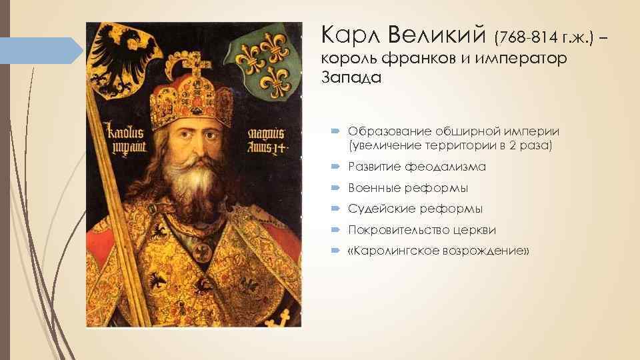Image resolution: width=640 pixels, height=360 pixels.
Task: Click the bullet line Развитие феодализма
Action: (417, 166)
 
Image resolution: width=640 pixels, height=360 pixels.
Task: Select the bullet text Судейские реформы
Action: (415, 209)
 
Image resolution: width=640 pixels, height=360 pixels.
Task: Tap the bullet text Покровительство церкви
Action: (422, 230)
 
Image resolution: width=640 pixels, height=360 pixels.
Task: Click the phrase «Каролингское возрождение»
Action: (439, 251)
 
